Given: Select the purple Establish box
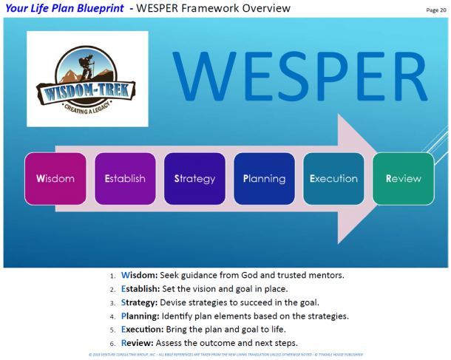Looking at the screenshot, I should coord(125,179).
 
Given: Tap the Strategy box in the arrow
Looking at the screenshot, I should coord(194,179).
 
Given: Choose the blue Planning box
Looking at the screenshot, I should coord(264,179).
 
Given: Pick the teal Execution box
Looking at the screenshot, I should coord(333,179).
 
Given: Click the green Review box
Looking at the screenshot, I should coord(404,179).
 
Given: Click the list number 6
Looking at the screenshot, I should coord(112,344).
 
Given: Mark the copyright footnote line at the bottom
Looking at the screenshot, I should coord(225,355).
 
